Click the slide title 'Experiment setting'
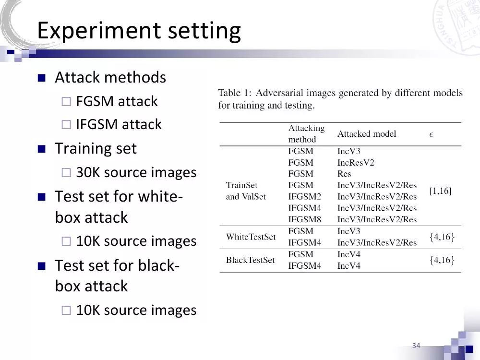tap(139, 31)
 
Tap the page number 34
tap(416, 346)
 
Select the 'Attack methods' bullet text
tap(110, 77)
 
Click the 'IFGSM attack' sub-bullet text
tap(119, 124)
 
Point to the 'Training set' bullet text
tap(96, 148)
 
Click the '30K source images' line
tap(136, 172)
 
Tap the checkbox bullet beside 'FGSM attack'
tap(66, 101)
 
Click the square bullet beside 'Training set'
tap(41, 149)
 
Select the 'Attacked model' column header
tap(367, 134)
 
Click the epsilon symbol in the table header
tap(431, 134)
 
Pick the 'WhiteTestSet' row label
tap(251, 237)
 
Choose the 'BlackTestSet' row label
tap(250, 260)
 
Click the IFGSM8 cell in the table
tap(304, 219)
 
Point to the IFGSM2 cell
tap(304, 196)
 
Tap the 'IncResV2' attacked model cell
tap(356, 162)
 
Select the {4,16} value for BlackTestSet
tap(442, 260)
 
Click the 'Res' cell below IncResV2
tap(344, 174)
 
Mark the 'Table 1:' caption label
tap(235, 93)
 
